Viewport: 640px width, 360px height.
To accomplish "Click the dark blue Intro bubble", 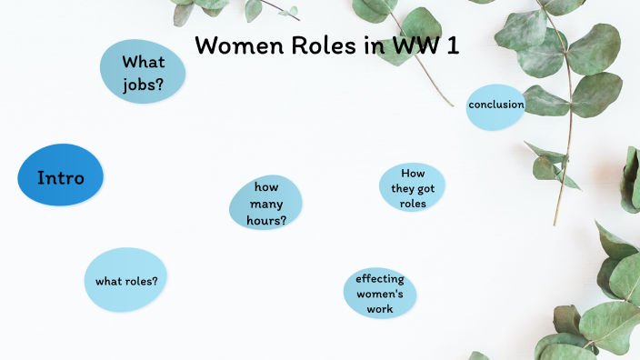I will click(x=60, y=175).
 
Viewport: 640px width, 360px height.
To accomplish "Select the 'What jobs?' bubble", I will click(x=144, y=74).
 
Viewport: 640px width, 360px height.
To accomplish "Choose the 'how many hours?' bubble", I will click(x=265, y=203).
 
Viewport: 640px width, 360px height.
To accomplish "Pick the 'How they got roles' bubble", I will click(x=413, y=188).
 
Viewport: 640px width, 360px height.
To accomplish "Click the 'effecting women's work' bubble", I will click(x=380, y=294).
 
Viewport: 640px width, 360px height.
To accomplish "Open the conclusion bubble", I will click(x=495, y=105).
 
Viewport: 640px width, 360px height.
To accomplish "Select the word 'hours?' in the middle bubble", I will click(x=265, y=220).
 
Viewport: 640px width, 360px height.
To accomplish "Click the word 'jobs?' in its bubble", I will click(x=144, y=86).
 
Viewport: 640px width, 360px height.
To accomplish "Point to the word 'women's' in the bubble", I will click(x=380, y=294).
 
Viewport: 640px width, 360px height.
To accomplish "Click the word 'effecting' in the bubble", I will click(x=380, y=278).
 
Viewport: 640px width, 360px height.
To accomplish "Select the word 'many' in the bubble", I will click(x=265, y=203).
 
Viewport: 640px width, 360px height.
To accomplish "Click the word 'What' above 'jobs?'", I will click(x=144, y=62).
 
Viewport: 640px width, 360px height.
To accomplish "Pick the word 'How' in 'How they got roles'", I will click(x=413, y=173).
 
